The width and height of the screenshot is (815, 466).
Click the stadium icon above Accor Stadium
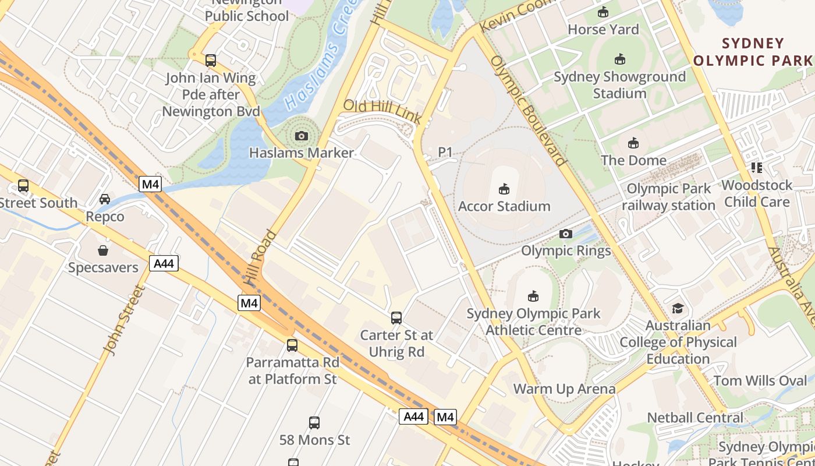tap(504, 189)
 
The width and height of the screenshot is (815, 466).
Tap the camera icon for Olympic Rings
tap(565, 234)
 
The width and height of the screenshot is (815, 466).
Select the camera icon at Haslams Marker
tap(301, 136)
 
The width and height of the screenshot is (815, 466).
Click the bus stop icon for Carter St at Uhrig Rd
tap(396, 317)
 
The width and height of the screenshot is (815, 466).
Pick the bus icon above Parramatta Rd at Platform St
tap(292, 345)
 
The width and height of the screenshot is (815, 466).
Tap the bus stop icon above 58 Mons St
tap(314, 422)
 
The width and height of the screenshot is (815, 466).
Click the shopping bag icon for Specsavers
tap(103, 250)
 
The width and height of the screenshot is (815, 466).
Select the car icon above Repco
tap(105, 199)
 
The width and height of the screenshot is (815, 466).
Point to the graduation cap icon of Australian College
tap(678, 308)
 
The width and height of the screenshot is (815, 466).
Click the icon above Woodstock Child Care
tap(757, 168)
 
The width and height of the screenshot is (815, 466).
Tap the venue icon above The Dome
tap(633, 143)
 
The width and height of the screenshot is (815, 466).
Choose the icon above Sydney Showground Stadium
tap(619, 59)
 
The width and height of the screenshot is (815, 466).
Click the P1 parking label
tap(445, 152)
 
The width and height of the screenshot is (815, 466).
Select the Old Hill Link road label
tap(382, 111)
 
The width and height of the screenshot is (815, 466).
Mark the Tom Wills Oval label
tap(760, 381)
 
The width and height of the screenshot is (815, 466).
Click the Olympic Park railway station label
tap(668, 197)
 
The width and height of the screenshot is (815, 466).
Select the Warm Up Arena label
tap(564, 389)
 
